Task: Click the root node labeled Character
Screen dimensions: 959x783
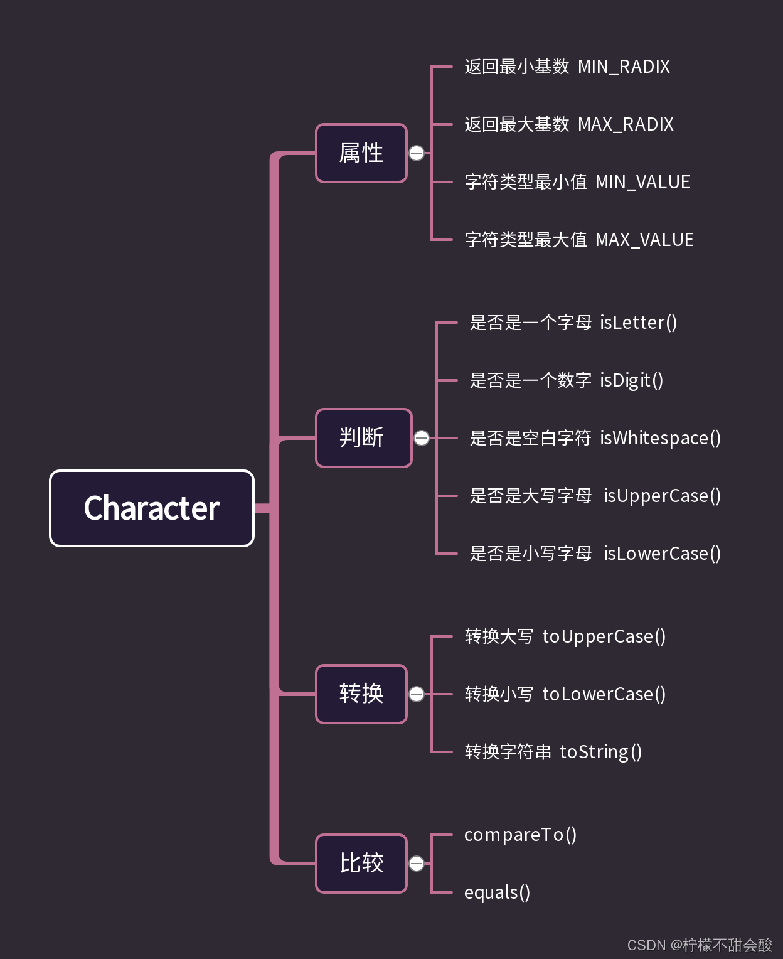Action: coord(152,508)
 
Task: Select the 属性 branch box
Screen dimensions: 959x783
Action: coord(361,153)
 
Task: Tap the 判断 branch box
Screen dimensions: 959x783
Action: coord(364,438)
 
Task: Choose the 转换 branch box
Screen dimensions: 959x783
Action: coord(361,694)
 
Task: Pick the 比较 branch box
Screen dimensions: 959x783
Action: coord(361,863)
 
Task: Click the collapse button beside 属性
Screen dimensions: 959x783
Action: coord(417,153)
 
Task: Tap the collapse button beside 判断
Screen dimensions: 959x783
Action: coord(422,438)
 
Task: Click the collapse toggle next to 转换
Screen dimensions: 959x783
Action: coord(417,694)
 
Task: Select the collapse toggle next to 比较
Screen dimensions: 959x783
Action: coord(417,864)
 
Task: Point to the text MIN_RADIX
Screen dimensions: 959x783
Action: coord(624,67)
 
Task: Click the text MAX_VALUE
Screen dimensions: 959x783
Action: coord(644,240)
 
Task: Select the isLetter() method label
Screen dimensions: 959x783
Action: coord(638,323)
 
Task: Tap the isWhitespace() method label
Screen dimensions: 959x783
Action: coord(660,438)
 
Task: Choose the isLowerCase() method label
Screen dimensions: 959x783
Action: coord(662,554)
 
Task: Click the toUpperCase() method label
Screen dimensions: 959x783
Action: coord(604,636)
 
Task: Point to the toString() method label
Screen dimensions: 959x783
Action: coord(600,752)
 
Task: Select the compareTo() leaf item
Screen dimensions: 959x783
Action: coord(520,835)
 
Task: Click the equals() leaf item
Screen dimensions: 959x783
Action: coord(497,892)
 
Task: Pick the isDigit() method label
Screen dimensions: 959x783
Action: coord(631,380)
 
